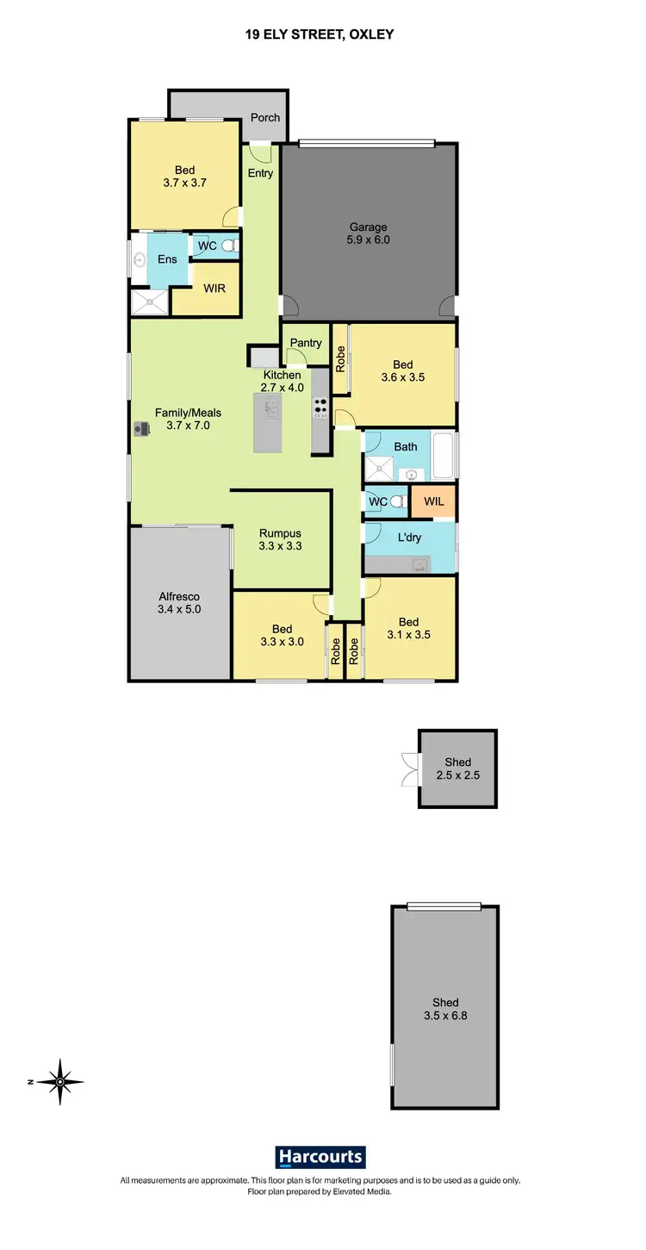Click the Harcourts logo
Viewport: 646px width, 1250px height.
click(x=320, y=1156)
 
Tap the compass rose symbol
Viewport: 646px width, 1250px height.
click(x=60, y=1081)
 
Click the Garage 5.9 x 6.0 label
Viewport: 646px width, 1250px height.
click(x=369, y=233)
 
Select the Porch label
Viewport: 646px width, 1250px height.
click(x=264, y=118)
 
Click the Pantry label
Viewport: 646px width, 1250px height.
click(x=305, y=343)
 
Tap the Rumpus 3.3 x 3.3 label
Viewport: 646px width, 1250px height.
click(x=281, y=538)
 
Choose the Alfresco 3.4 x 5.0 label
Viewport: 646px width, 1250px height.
click(x=179, y=602)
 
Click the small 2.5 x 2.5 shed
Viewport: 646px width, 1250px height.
click(x=457, y=768)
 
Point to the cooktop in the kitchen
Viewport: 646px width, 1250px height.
click(x=320, y=407)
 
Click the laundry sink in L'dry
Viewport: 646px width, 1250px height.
click(x=419, y=565)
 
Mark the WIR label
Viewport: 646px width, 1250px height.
click(x=214, y=289)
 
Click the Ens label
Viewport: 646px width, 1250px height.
click(x=166, y=259)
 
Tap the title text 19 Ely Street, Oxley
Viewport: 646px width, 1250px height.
click(x=322, y=34)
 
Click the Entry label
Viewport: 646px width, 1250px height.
click(x=260, y=173)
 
